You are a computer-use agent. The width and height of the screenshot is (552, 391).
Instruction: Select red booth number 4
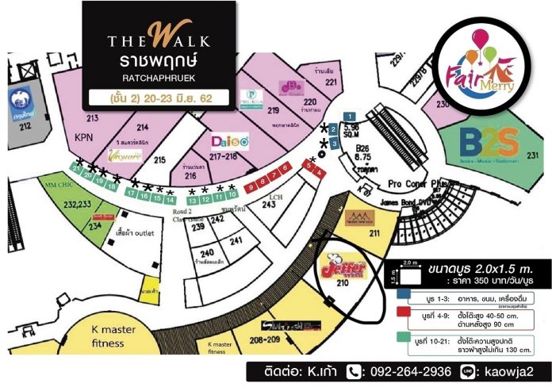[x=318, y=172]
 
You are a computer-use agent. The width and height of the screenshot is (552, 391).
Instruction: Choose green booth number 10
[x=232, y=194]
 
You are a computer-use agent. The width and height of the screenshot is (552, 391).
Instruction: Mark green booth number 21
[x=74, y=167]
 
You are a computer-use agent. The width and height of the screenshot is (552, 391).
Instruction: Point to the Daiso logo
[x=229, y=141]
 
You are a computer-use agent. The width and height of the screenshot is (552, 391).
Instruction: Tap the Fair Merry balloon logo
[x=481, y=64]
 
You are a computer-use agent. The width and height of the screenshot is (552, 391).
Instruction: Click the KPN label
[x=84, y=136]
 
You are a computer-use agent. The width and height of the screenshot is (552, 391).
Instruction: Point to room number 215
[x=159, y=160]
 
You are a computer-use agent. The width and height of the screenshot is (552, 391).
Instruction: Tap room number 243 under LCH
[x=269, y=205]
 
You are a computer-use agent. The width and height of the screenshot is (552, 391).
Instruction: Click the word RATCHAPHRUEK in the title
[x=159, y=78]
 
